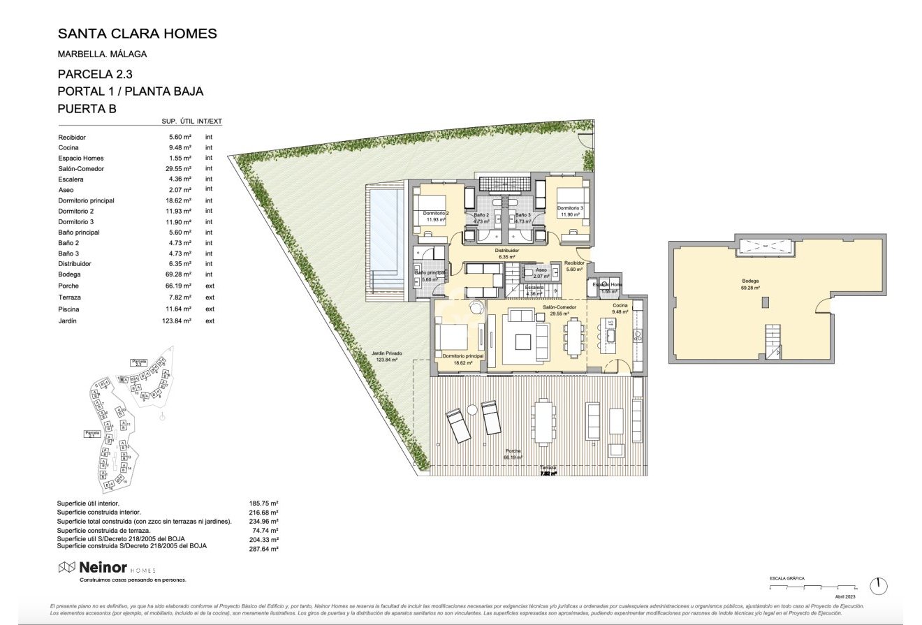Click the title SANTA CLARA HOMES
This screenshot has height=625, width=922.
pos(137,34)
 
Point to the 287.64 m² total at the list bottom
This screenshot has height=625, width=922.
pos(264,549)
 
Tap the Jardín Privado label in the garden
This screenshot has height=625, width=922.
pos(386,356)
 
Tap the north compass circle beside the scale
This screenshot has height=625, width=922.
pos(878,586)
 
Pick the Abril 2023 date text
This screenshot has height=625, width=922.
pos(845,597)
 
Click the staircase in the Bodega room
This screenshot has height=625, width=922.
pos(773,341)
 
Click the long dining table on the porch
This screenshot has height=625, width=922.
pos(543,420)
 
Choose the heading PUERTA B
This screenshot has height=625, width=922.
pos(87,109)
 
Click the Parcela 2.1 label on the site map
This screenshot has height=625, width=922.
pos(92,434)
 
